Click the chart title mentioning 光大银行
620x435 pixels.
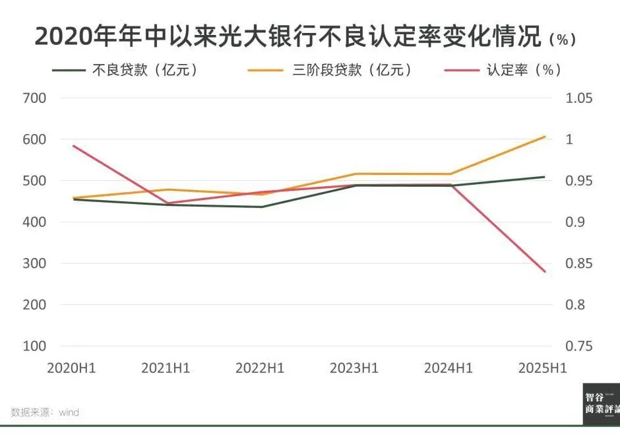[x=291, y=36]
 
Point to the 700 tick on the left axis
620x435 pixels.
[x=34, y=98]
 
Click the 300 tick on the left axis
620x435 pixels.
[x=34, y=263]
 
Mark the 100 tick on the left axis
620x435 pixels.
[x=34, y=346]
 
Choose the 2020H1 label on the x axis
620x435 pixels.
[x=71, y=368]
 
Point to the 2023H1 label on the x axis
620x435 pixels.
[x=354, y=368]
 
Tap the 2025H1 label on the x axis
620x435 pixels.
[x=543, y=368]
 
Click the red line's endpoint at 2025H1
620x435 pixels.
[x=545, y=271]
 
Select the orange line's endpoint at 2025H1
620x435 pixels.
[x=545, y=137]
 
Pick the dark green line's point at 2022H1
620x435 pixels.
[x=261, y=207]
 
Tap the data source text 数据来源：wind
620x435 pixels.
[x=45, y=413]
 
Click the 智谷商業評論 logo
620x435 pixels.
[x=601, y=403]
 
